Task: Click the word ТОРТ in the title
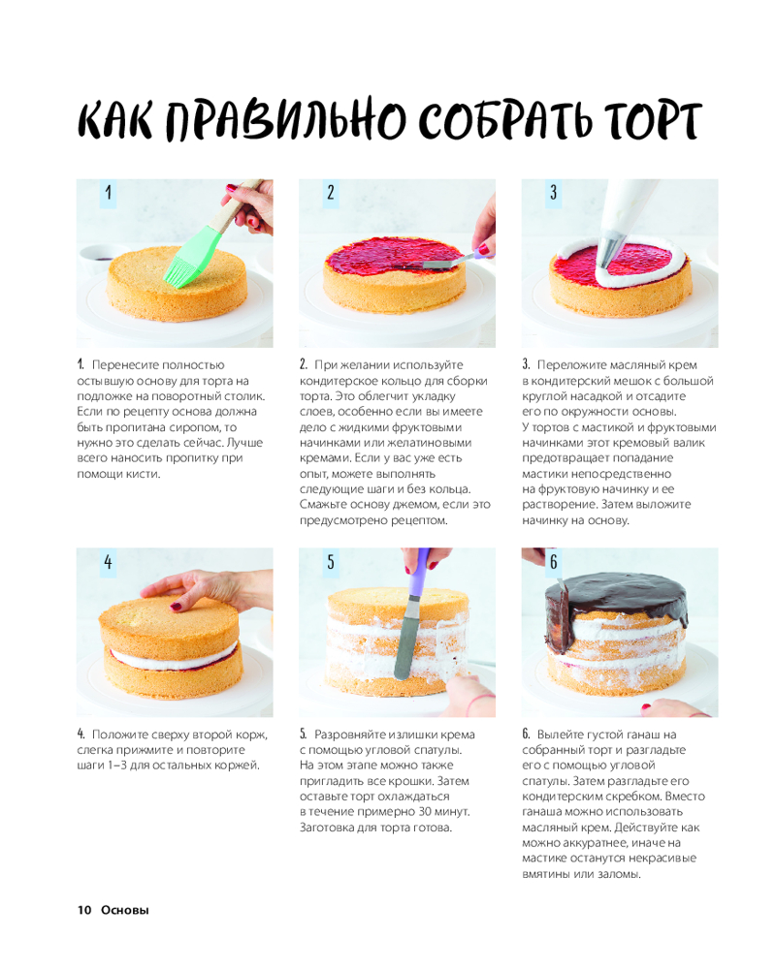[652, 120]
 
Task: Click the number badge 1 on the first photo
[109, 193]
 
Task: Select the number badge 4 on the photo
[109, 562]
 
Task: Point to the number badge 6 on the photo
[553, 562]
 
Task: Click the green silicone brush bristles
[182, 270]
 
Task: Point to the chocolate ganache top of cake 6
[616, 595]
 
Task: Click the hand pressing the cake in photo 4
[205, 589]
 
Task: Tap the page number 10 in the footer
[84, 910]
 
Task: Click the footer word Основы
[125, 910]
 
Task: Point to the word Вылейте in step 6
[560, 735]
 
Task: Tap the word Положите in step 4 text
[118, 735]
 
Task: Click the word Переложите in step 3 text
[570, 365]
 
